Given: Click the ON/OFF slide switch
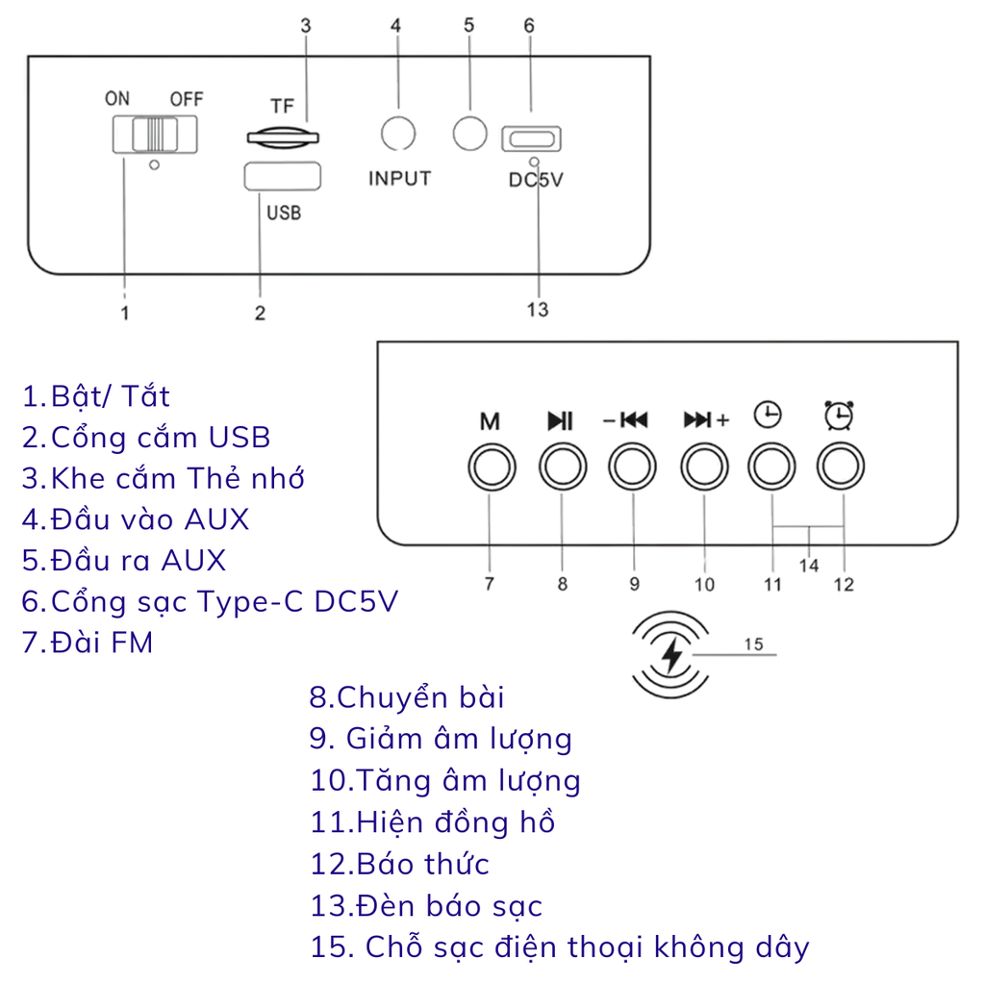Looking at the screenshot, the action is click(x=155, y=135).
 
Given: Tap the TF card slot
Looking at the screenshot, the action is click(x=283, y=138).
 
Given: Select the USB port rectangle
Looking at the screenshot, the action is click(x=282, y=176).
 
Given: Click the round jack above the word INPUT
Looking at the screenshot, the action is click(x=398, y=133).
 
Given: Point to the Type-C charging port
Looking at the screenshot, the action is click(x=531, y=139).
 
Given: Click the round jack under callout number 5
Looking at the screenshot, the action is click(x=469, y=133).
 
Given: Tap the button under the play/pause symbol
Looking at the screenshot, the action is click(x=562, y=467).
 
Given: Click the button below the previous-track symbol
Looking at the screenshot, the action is click(x=633, y=467).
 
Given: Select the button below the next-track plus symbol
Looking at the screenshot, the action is click(x=704, y=467).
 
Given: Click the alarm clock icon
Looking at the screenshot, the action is click(x=839, y=416).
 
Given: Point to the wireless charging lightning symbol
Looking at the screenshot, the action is click(x=671, y=655).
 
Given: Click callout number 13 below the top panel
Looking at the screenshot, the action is click(x=538, y=310).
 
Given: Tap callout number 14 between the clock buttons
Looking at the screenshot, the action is click(x=809, y=566).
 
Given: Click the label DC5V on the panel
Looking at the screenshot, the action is click(x=536, y=180).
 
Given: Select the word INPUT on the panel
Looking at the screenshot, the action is click(x=399, y=178).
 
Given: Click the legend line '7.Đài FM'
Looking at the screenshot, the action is click(x=88, y=643).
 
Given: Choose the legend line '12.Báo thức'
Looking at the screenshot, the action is click(x=399, y=864).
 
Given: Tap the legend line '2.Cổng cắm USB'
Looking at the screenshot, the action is click(x=146, y=438).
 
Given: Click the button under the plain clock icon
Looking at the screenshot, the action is click(x=772, y=467).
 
